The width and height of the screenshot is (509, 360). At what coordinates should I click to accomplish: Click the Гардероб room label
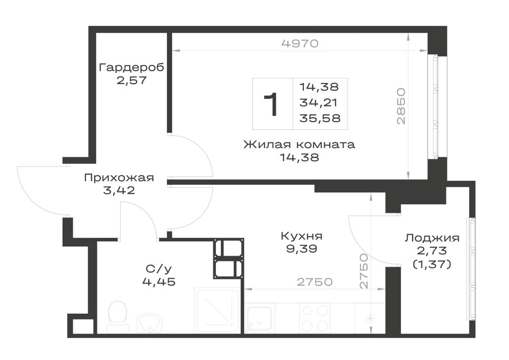[131, 68]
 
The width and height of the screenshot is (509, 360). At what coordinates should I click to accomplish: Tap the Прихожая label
[119, 178]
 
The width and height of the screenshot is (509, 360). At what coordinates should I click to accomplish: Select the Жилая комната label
[299, 144]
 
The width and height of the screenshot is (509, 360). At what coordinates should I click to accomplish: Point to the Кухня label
[301, 236]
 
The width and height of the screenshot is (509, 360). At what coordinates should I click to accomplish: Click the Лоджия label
[432, 238]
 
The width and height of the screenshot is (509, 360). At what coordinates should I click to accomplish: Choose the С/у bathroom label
[159, 269]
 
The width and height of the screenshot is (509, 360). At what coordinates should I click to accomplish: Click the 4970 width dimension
[300, 43]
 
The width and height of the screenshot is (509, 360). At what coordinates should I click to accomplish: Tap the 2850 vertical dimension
[401, 106]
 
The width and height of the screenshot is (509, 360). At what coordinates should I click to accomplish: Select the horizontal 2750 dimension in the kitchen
[315, 282]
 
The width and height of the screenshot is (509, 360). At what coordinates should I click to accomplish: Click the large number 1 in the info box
[271, 104]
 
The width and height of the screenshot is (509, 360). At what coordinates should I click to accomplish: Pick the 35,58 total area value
[320, 118]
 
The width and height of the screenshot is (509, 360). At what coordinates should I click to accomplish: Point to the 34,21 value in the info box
[319, 102]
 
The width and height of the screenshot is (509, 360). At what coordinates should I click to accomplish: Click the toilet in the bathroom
[118, 317]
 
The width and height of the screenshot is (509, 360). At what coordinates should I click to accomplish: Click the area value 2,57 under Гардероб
[131, 80]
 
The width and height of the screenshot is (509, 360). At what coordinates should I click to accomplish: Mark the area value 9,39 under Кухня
[301, 249]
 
